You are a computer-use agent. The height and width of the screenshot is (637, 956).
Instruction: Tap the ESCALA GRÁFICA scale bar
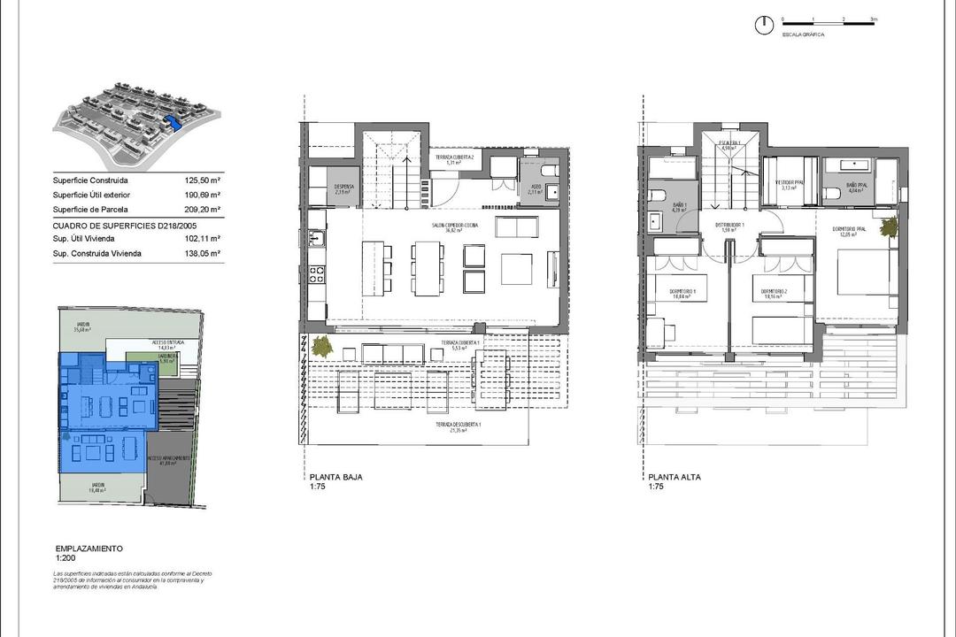click(x=829, y=19)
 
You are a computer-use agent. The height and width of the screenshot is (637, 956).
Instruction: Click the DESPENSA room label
click(x=344, y=188)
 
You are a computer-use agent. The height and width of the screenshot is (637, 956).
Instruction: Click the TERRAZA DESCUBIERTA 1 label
click(x=458, y=426)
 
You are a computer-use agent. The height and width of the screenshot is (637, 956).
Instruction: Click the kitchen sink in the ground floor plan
click(x=325, y=239)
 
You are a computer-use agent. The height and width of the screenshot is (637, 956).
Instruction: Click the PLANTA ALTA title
click(x=674, y=477)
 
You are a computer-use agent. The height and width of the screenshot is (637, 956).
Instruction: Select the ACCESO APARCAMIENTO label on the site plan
click(x=168, y=459)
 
